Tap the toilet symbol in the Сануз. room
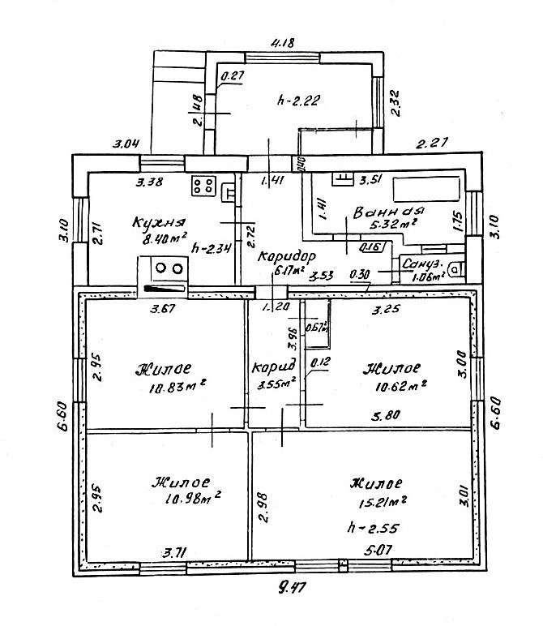click(x=457, y=268)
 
